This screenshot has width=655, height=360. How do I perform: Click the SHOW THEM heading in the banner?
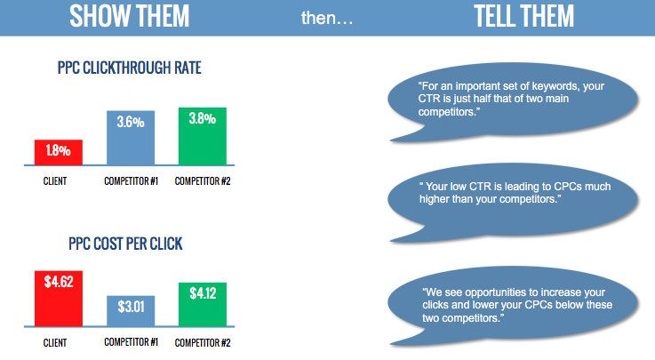(x=129, y=16)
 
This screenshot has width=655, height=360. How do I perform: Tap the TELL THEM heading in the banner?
(x=523, y=16)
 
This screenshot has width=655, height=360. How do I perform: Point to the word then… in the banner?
(x=327, y=19)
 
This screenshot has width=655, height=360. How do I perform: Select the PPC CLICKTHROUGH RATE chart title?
(x=129, y=68)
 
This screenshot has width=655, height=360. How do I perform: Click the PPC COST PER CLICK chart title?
(x=125, y=244)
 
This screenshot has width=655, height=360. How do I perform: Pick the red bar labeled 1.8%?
(x=59, y=152)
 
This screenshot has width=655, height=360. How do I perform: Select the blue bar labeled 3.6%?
(x=131, y=138)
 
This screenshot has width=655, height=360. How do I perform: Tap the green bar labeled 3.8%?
(x=203, y=136)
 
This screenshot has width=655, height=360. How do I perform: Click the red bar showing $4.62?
(x=59, y=299)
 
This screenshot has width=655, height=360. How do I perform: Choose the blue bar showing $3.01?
(x=131, y=311)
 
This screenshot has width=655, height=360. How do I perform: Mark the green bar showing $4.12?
(x=203, y=305)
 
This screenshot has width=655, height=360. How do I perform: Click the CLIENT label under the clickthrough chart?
(x=55, y=181)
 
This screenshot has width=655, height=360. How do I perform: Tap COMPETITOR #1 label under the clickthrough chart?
(x=132, y=181)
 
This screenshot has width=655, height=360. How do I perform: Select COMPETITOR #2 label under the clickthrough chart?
(x=203, y=181)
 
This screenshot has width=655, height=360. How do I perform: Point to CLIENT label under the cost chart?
(x=55, y=343)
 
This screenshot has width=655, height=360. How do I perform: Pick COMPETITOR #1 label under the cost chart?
(x=132, y=342)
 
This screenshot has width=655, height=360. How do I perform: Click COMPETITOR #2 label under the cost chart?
(x=203, y=343)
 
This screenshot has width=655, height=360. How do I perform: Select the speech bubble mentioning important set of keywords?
(x=513, y=101)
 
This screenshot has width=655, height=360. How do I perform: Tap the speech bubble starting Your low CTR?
(x=513, y=202)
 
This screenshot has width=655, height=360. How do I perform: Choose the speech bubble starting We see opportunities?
(x=513, y=306)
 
